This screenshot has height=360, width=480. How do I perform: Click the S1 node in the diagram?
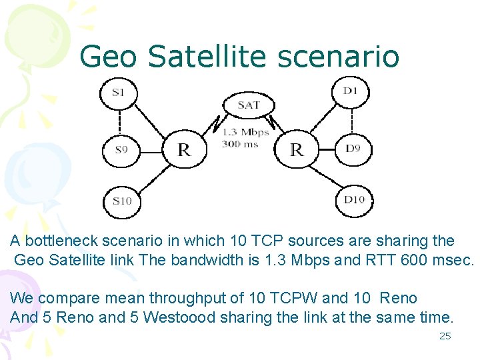119,93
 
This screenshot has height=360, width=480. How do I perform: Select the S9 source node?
121,149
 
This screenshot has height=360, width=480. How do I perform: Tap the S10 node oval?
123,201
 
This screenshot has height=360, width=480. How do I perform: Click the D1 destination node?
351,91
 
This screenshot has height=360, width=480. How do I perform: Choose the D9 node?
353,148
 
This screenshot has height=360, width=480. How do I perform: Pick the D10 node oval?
353,199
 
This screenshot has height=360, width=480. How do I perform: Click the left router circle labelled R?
183,149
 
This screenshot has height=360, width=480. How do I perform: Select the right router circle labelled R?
296,149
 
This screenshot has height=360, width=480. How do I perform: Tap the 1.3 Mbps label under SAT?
245,132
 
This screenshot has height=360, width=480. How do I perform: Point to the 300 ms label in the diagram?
241,143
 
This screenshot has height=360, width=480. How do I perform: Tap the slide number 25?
445,336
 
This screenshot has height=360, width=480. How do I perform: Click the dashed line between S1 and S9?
119,121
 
